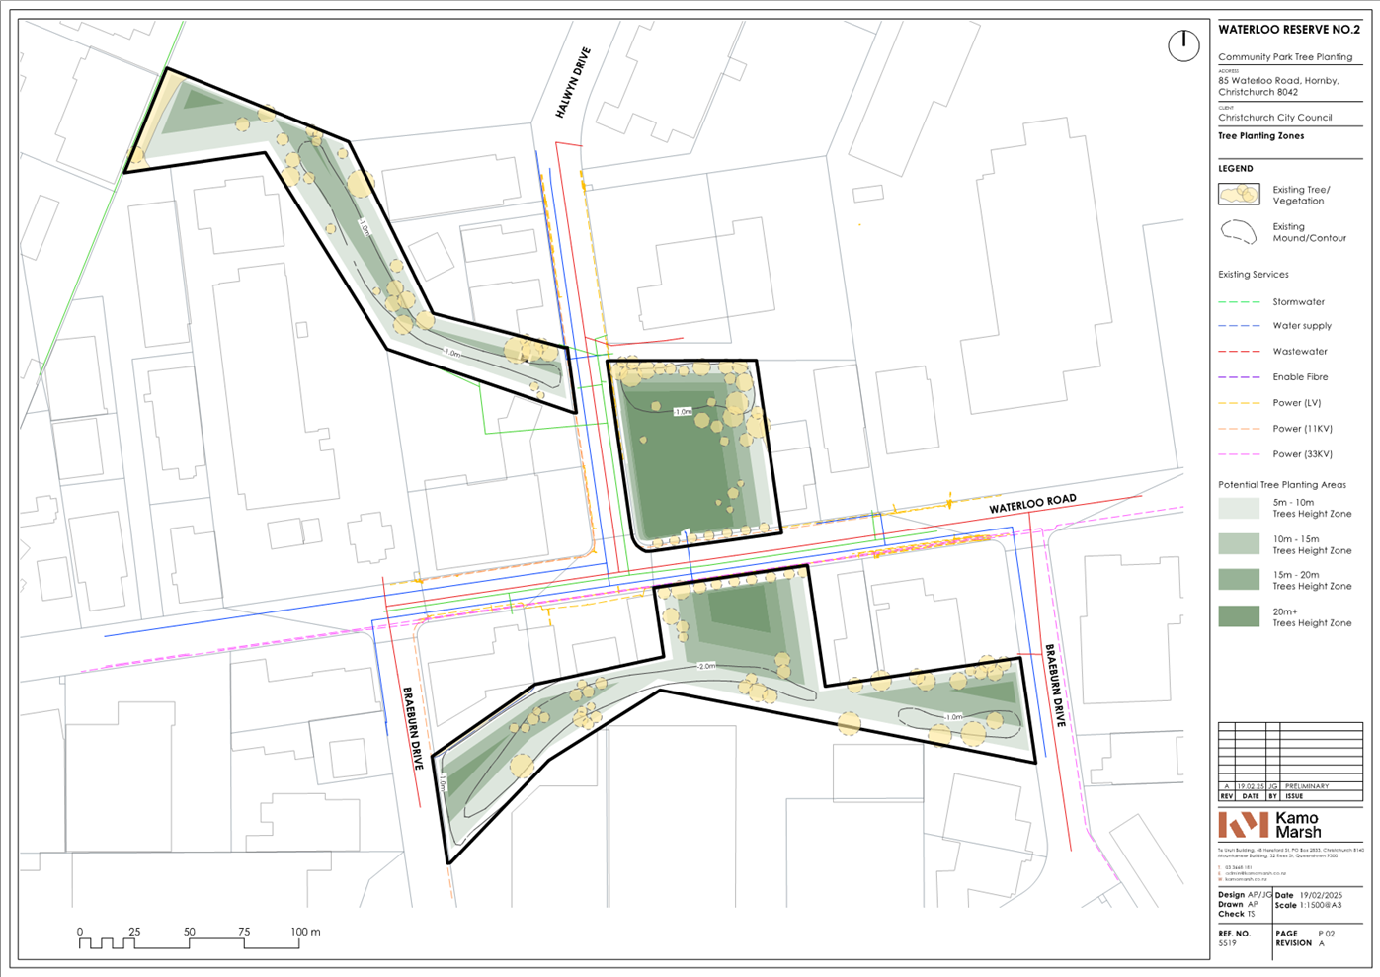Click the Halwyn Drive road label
573,83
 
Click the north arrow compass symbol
1183,45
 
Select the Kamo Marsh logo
1269,825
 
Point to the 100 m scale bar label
305,932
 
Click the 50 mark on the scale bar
189,932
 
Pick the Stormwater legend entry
1298,302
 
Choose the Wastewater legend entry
1299,352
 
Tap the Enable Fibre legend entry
1300,377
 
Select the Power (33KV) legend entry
1302,454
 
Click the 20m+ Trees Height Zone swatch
1239,616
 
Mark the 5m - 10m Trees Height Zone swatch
1239,508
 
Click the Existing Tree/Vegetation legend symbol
1239,195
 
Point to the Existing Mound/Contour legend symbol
1239,232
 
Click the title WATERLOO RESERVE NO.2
1288,30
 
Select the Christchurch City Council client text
1274,118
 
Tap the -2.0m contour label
706,667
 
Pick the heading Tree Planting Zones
1260,136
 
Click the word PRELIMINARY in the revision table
1307,786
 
